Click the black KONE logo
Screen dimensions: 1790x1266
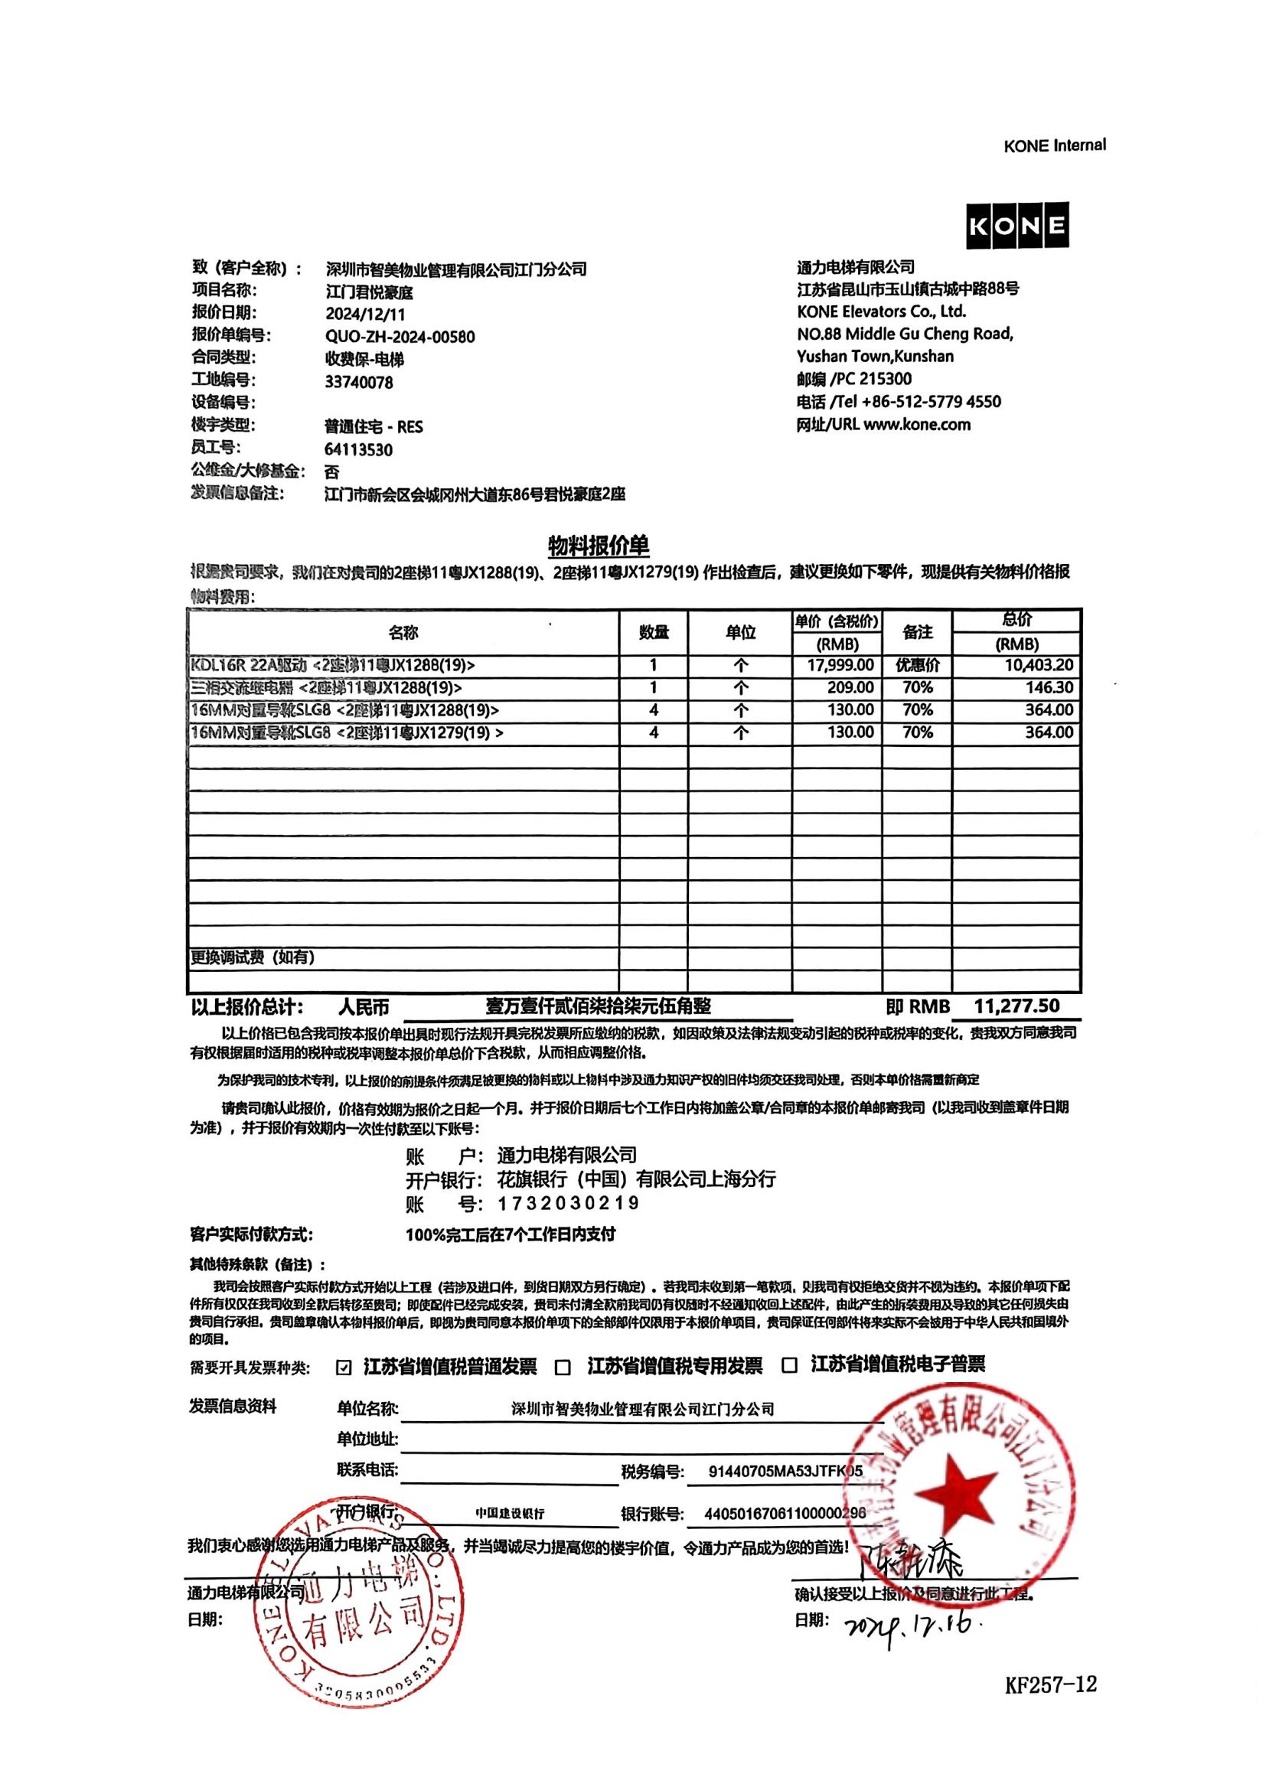tap(1016, 226)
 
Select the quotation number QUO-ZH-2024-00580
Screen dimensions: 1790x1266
tap(399, 337)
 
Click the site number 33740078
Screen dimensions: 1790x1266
tap(358, 382)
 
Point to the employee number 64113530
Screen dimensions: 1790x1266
tap(358, 450)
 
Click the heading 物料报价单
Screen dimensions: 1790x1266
tap(599, 546)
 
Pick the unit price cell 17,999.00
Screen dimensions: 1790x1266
tap(840, 665)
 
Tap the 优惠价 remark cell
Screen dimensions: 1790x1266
tap(918, 665)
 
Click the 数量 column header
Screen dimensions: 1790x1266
tap(653, 632)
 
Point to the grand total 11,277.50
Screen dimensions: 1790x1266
tap(1016, 1006)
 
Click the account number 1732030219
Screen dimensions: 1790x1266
tap(568, 1203)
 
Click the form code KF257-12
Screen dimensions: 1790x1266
tap(1050, 1684)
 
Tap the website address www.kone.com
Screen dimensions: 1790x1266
tap(917, 425)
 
